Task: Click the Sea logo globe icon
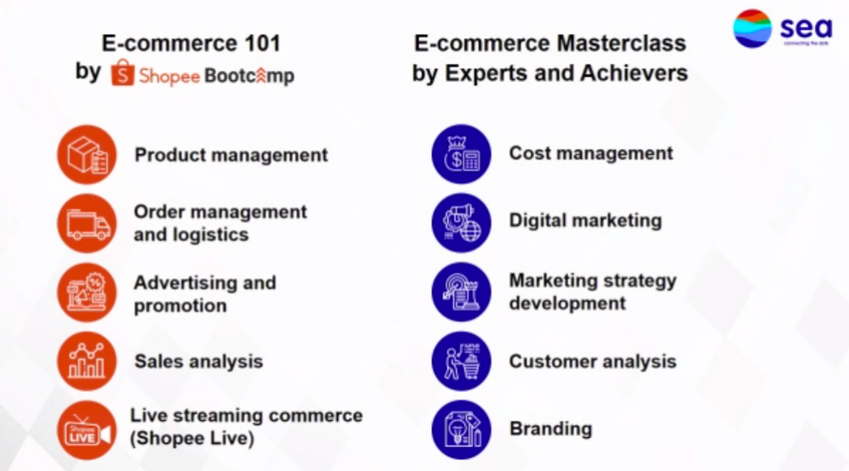tap(752, 28)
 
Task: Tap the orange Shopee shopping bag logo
tap(122, 72)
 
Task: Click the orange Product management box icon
tap(87, 155)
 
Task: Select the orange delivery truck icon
tap(87, 224)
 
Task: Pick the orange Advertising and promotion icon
tap(87, 292)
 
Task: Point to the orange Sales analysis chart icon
tap(87, 361)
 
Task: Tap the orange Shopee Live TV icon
tap(87, 430)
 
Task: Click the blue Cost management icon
tap(461, 154)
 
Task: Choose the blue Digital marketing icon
tap(461, 223)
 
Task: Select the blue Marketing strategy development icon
tap(461, 292)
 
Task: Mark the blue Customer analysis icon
tap(461, 361)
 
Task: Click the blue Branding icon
tap(461, 430)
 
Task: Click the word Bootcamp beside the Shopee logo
tap(250, 76)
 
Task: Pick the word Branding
tap(551, 428)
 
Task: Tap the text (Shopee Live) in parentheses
tap(192, 438)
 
